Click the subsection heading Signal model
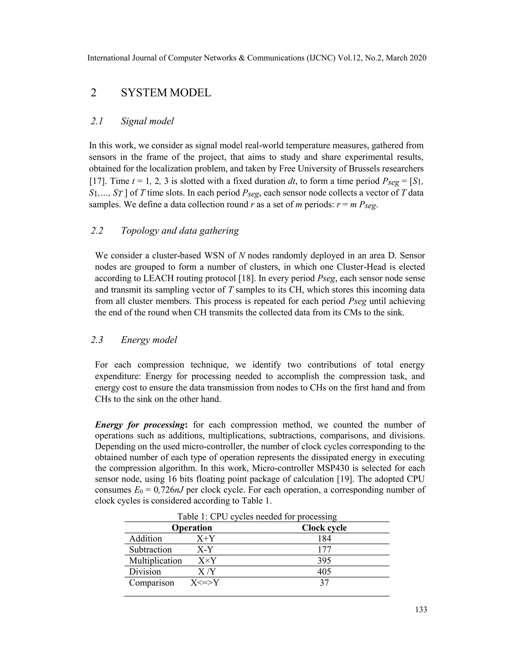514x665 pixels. pyautogui.click(x=147, y=121)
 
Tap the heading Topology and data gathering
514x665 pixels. pyautogui.click(x=180, y=231)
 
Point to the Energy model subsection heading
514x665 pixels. pyautogui.click(x=149, y=340)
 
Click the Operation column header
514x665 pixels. pyautogui.click(x=191, y=528)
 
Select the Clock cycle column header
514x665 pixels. pyautogui.click(x=324, y=528)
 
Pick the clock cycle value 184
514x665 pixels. pyautogui.click(x=324, y=539)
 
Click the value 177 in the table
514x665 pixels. pyautogui.click(x=324, y=550)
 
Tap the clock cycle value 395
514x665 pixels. pyautogui.click(x=324, y=561)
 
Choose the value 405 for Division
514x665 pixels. pyautogui.click(x=324, y=571)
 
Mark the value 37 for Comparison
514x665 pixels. pyautogui.click(x=324, y=583)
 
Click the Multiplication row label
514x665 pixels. pyautogui.click(x=155, y=561)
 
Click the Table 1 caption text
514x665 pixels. pyautogui.click(x=257, y=516)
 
